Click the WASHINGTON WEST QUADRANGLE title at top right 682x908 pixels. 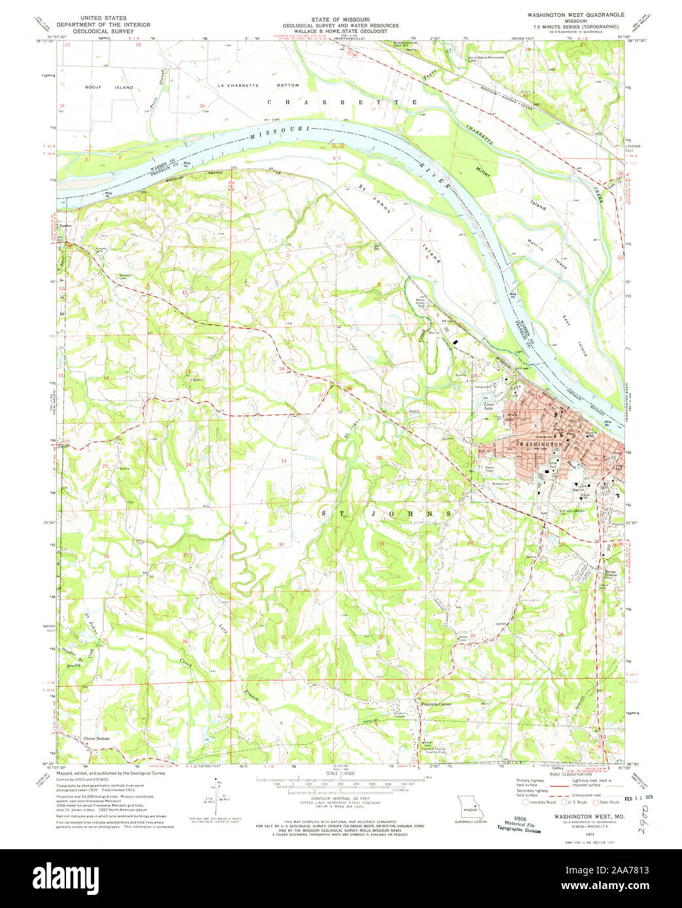[576, 14]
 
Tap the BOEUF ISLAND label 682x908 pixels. [118, 87]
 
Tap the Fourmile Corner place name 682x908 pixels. [436, 704]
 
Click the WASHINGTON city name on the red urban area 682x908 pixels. [539, 444]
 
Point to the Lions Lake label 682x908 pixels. [492, 406]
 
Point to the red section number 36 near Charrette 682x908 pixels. [202, 106]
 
